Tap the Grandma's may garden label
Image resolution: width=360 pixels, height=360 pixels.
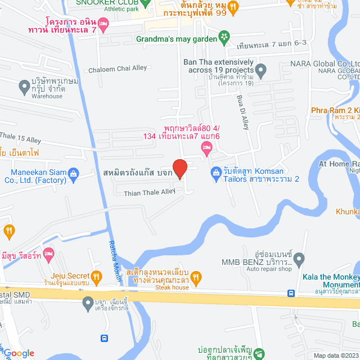[x=176, y=39]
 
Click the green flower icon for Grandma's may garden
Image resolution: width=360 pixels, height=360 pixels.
[x=224, y=38]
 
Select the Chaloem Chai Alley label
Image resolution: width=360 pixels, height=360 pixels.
[x=118, y=69]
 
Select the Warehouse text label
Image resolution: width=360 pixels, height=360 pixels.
[x=47, y=96]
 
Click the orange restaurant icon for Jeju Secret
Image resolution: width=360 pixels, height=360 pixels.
[x=97, y=276]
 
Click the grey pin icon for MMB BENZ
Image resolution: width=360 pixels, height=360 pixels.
[x=299, y=259]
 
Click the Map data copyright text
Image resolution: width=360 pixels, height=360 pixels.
[x=335, y=355]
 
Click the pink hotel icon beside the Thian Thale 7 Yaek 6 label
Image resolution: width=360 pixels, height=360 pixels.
[x=206, y=147]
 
